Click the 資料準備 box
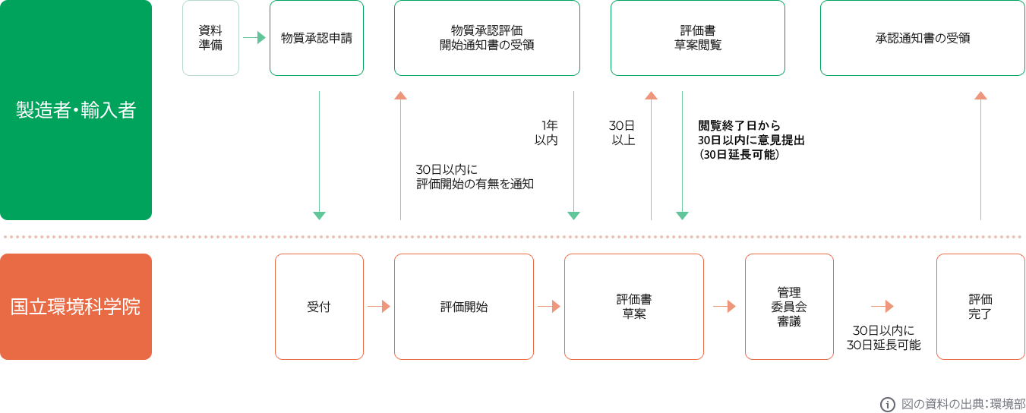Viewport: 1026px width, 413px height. click(210, 38)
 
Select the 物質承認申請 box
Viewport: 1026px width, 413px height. click(316, 38)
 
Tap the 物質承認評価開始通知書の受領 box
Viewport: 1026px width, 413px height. click(487, 38)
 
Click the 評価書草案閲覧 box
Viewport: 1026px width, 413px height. click(697, 38)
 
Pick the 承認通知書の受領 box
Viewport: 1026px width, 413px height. click(922, 38)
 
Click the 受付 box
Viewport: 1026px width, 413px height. click(319, 307)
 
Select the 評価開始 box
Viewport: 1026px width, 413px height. click(463, 307)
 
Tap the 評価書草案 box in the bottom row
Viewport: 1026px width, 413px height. click(633, 307)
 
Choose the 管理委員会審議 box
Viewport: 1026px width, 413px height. click(789, 307)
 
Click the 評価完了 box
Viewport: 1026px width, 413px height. click(980, 307)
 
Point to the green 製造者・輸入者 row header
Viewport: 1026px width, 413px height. click(76, 111)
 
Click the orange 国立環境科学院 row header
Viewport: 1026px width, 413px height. click(76, 307)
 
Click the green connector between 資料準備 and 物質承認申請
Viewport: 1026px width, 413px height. click(254, 37)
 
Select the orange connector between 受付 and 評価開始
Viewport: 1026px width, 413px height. click(379, 307)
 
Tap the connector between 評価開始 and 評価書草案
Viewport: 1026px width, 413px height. click(549, 307)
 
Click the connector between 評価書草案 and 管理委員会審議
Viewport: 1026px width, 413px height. click(725, 307)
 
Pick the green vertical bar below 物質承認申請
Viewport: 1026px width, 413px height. click(319, 156)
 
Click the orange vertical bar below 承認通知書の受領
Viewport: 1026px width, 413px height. click(980, 156)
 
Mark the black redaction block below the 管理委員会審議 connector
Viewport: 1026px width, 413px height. click(884, 338)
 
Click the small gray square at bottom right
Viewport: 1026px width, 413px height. click(888, 405)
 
